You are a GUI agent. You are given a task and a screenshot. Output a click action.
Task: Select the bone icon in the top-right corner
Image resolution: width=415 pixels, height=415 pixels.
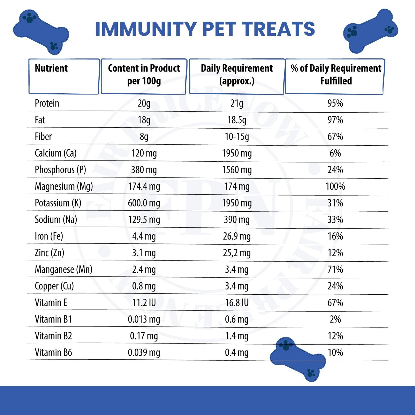370,31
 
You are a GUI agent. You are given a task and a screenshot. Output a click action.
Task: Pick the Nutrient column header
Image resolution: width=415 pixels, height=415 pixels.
51,68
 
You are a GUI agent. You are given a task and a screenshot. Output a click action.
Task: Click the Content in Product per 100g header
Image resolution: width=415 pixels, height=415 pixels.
144,75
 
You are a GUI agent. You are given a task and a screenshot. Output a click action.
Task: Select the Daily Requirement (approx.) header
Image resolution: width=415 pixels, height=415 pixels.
237,75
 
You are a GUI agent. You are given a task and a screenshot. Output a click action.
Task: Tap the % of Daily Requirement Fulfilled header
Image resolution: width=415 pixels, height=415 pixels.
336,75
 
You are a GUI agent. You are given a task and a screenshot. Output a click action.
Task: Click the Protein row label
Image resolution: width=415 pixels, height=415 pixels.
47,103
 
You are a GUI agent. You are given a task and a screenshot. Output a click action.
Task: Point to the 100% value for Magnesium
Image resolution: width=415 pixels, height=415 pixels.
335,186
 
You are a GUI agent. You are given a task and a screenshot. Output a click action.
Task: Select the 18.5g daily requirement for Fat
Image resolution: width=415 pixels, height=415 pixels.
237,120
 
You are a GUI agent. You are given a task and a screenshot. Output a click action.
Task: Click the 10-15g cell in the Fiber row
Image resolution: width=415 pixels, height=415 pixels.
237,137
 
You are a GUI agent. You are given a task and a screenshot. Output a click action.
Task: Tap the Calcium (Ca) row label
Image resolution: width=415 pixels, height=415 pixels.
55,153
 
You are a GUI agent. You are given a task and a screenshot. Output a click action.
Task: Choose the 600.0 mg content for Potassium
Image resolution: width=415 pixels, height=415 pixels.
144,203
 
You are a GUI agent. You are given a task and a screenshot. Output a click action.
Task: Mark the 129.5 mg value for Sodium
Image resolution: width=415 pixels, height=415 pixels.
144,220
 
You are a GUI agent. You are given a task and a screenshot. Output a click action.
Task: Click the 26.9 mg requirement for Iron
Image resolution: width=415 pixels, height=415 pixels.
237,236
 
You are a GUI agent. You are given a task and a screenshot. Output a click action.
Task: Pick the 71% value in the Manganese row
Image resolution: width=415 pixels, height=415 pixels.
335,270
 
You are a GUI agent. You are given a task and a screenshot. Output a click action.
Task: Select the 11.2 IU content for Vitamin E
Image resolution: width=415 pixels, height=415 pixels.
144,303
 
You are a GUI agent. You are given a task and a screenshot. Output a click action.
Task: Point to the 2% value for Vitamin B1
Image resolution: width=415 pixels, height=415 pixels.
335,319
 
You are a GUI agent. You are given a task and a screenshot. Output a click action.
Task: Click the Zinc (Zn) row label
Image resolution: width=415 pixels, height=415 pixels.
49,253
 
